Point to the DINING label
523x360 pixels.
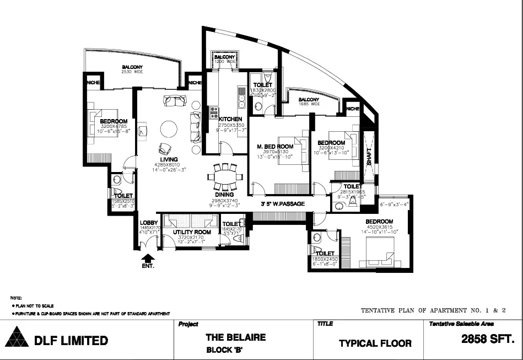coord(224,195)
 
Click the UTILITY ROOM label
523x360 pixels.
coord(192,233)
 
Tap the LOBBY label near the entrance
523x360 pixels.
coord(148,222)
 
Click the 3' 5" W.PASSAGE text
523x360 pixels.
coord(283,204)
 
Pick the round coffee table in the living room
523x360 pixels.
coord(169,130)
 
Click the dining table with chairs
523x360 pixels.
coord(224,177)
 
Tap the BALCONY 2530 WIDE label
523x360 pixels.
coord(132,69)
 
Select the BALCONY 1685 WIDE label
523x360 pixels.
coord(309,100)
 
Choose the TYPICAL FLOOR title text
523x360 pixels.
coord(375,343)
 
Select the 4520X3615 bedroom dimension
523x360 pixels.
coord(378,227)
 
